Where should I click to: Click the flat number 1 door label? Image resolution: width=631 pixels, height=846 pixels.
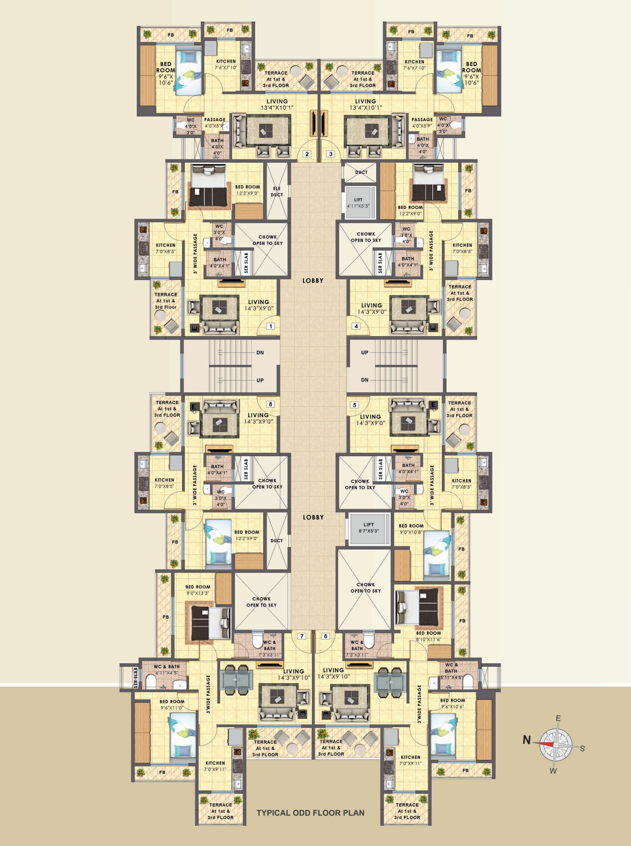(270, 326)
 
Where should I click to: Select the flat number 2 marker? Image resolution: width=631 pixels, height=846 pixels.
(307, 154)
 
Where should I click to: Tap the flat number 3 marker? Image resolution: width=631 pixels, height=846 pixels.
(331, 154)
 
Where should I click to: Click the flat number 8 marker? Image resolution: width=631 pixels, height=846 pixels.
(270, 404)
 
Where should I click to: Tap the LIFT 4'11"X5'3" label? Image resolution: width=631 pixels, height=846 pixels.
(358, 203)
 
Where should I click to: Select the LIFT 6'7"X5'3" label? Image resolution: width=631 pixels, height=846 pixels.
(369, 528)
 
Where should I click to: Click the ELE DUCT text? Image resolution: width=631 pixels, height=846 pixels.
(277, 192)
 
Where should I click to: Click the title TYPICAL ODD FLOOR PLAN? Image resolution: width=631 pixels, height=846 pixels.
(310, 813)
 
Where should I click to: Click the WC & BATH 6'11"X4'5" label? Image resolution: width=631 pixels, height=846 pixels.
(167, 670)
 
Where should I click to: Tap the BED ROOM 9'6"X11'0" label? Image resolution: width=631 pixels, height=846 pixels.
(172, 705)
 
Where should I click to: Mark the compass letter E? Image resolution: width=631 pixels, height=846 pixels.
(558, 718)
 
